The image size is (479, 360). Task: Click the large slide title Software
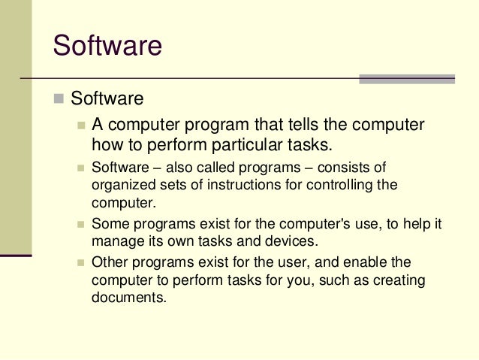[107, 46]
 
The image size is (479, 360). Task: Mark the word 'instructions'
[233, 185]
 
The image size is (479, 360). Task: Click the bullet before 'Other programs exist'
[81, 263]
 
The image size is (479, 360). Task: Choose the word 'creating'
[398, 280]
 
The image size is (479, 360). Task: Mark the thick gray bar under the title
[406, 79]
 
